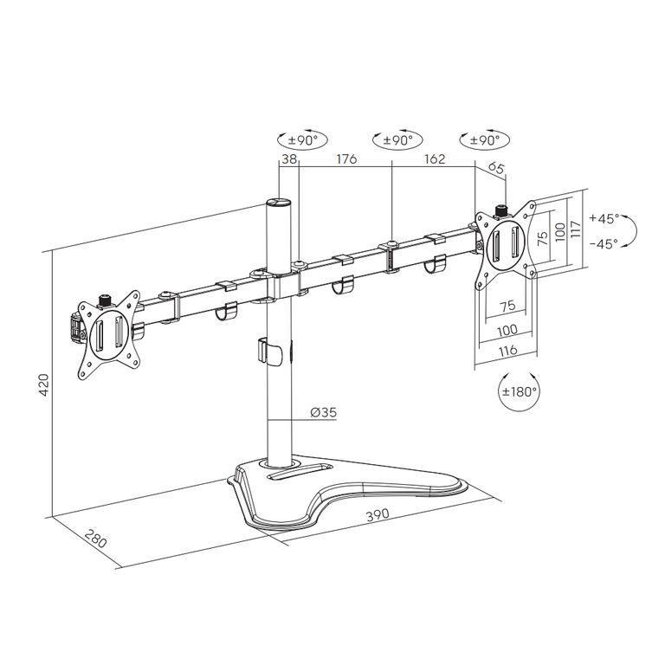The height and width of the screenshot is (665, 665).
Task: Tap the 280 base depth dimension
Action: (96, 539)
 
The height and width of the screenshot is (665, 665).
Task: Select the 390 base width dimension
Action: (378, 514)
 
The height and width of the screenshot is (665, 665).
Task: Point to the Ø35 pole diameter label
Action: (323, 412)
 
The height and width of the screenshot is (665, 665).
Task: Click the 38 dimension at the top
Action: (289, 159)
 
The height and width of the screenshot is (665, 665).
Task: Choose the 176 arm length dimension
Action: (346, 159)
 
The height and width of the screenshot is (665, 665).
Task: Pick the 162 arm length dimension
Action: (435, 159)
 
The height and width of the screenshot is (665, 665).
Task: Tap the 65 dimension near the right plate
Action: (496, 167)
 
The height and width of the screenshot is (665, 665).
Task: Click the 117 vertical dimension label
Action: (576, 229)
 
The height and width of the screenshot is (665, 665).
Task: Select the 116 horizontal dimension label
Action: (507, 351)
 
